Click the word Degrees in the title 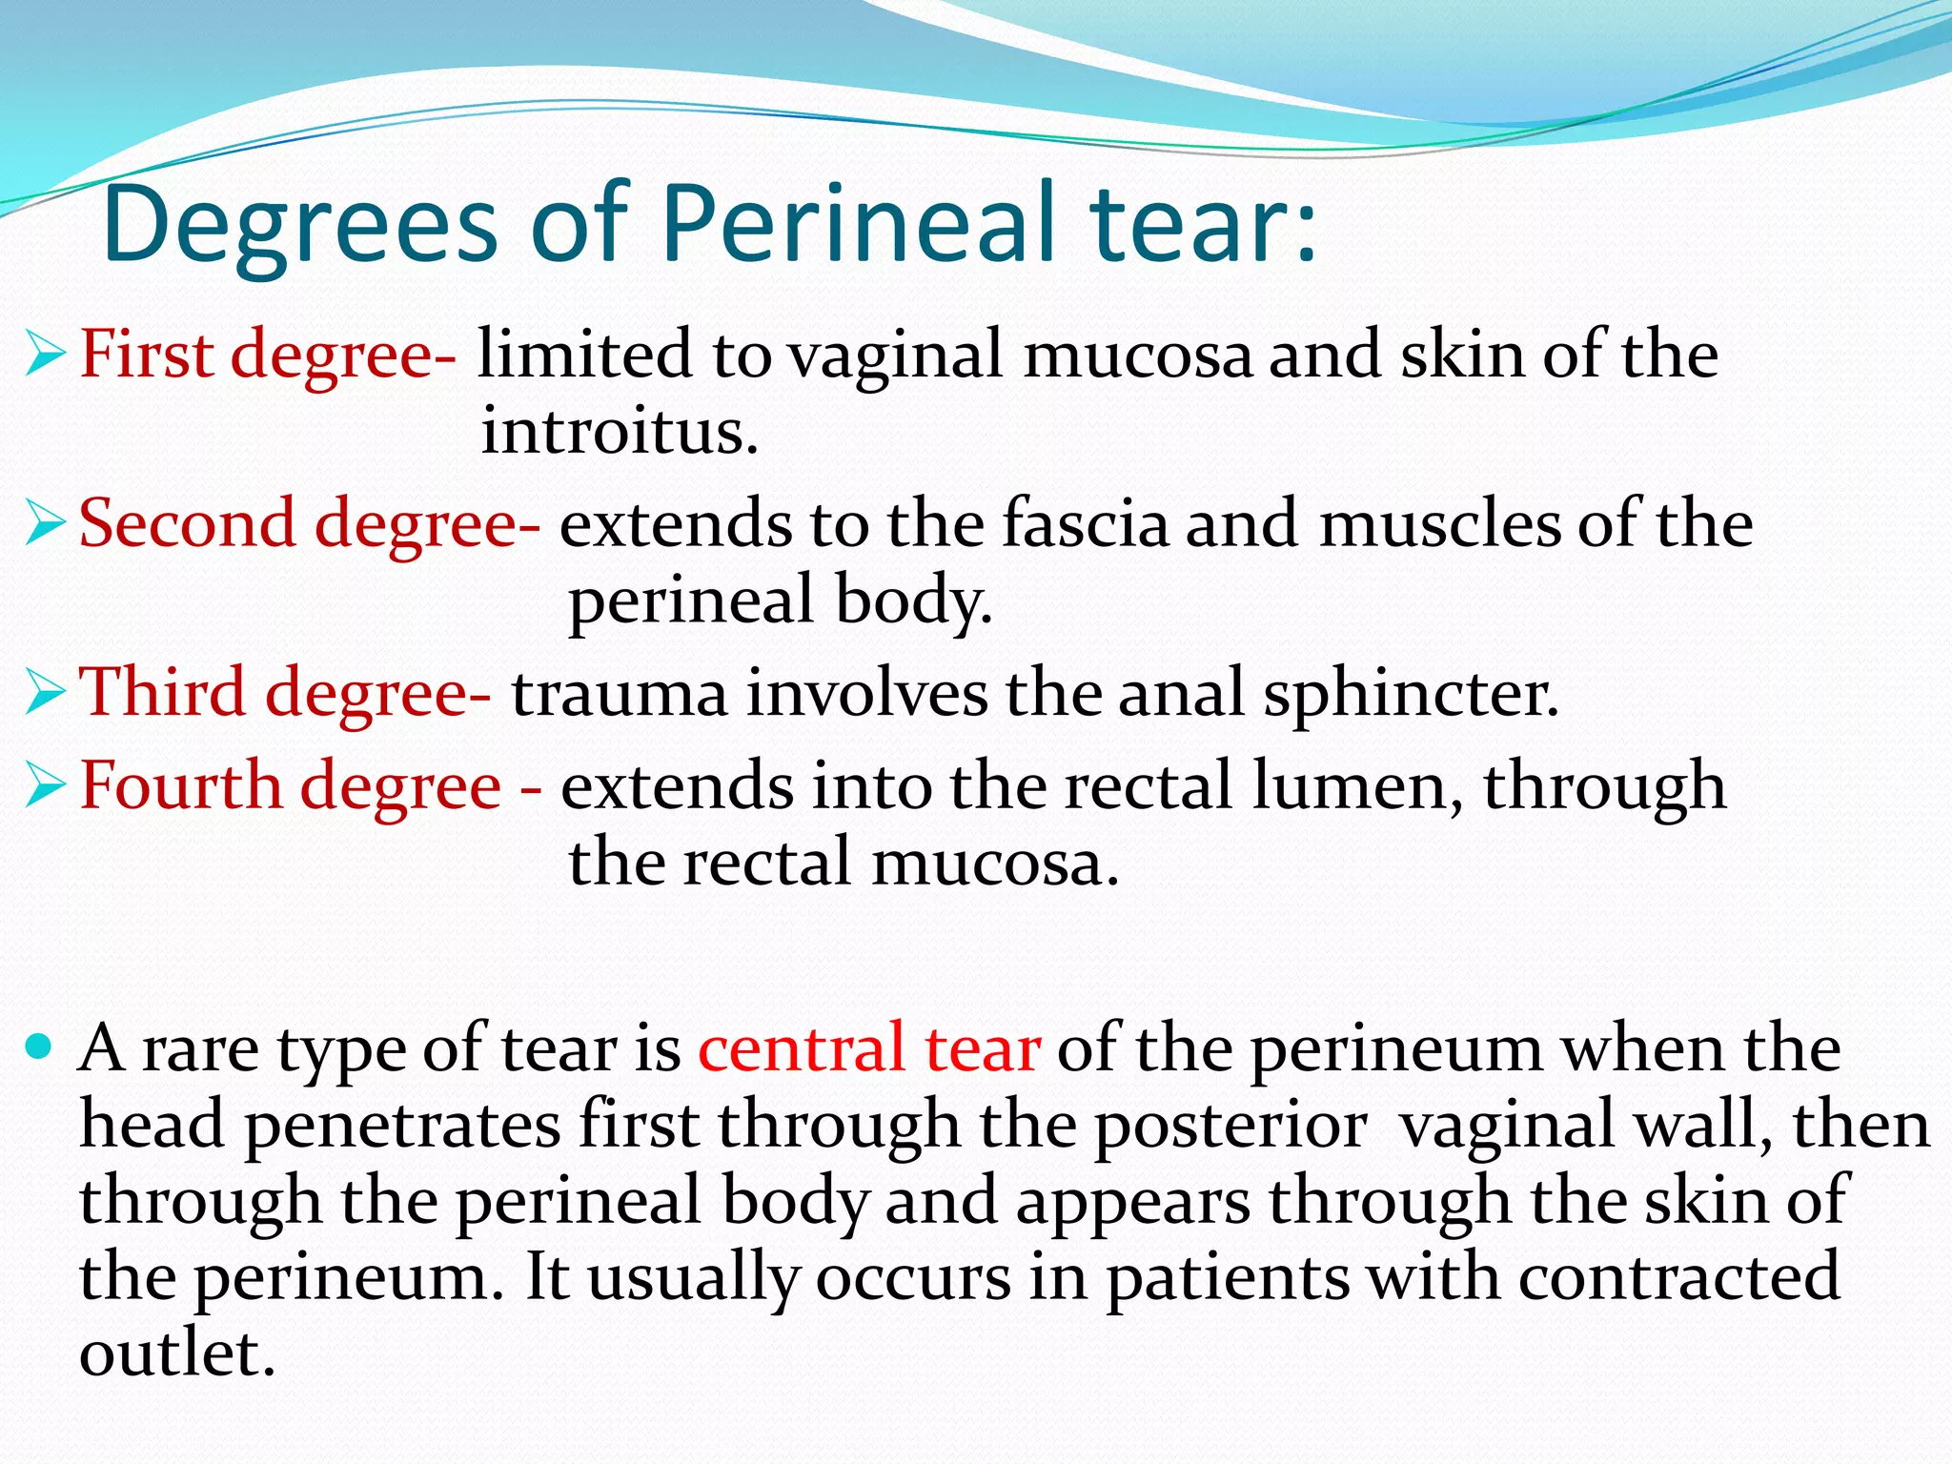click(299, 225)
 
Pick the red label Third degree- click(285, 693)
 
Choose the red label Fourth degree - click(311, 786)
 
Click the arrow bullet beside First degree click(45, 355)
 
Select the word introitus click(620, 431)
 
